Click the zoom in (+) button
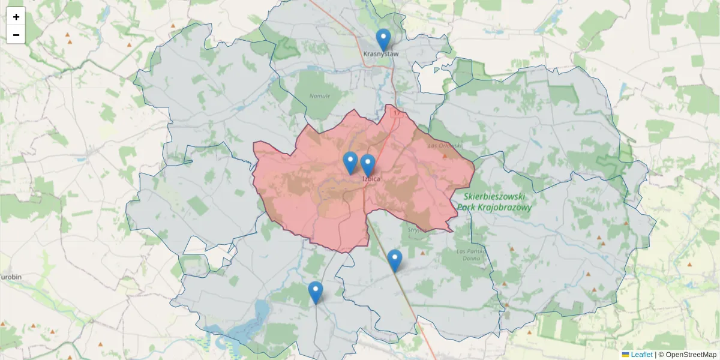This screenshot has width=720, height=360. coord(16,17)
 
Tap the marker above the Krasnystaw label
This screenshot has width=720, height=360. coord(383,40)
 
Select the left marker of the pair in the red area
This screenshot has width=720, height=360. coord(350,163)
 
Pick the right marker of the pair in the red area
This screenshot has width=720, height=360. coord(368,165)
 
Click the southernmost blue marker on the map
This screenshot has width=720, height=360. coord(316,292)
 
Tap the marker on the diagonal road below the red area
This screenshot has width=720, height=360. coord(394,260)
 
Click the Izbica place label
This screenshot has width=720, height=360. coord(371,178)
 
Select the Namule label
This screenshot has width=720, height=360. coord(319,96)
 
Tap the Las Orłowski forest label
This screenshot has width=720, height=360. coord(445,145)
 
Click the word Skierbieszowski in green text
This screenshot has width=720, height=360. coord(495,196)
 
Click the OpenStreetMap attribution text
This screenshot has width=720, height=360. coord(691,355)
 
